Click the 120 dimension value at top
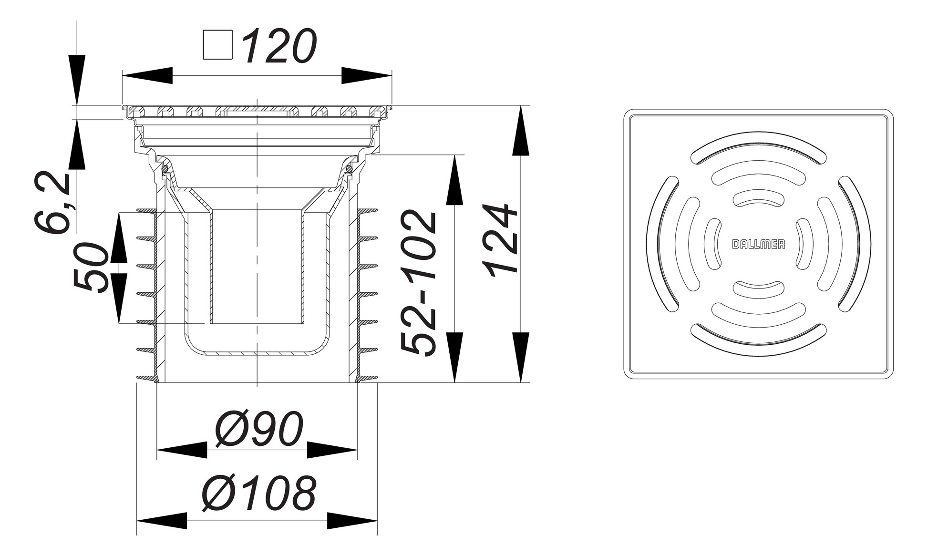279,46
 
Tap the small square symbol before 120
217,45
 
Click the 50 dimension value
90,268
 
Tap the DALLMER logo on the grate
758,245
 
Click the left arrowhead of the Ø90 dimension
182,450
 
